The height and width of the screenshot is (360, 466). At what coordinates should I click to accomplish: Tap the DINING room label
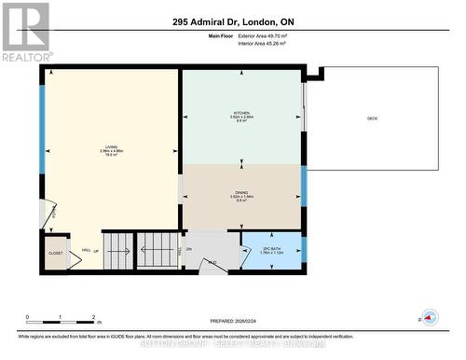(241, 194)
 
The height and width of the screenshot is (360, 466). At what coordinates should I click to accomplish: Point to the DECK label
(372, 118)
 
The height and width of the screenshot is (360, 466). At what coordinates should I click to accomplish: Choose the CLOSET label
(55, 253)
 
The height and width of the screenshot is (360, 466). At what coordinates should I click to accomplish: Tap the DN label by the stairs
(189, 249)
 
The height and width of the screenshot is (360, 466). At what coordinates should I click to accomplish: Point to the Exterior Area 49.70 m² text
(274, 35)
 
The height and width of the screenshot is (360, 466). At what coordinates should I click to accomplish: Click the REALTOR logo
(24, 31)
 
